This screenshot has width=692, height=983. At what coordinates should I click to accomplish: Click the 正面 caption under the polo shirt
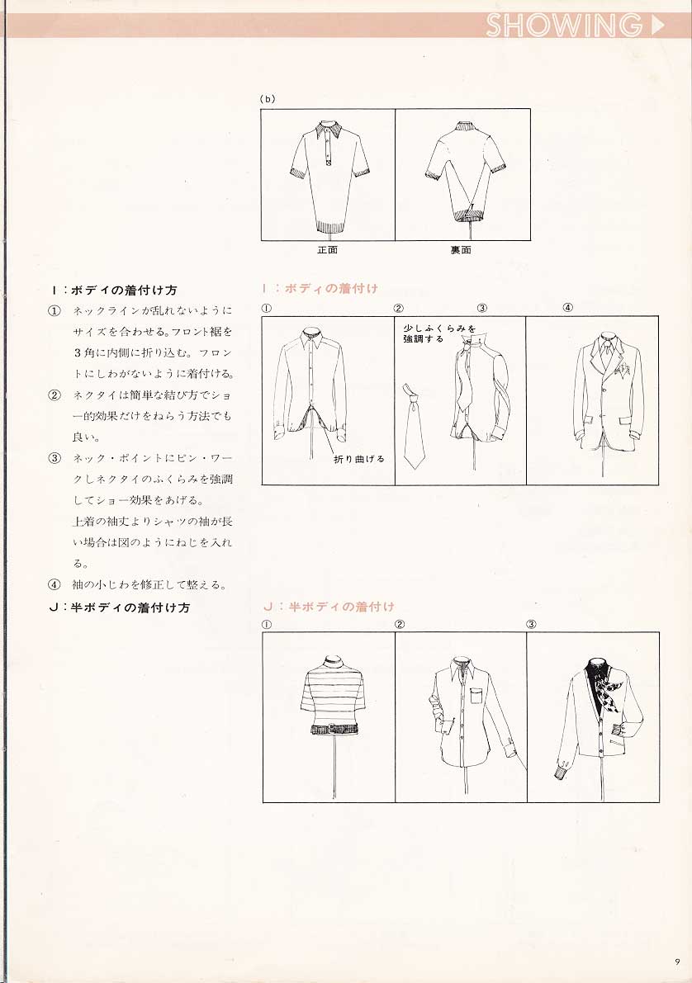point(328,250)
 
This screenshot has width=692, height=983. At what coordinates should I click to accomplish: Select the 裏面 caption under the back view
point(461,250)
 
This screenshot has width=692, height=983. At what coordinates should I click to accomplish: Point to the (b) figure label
point(268,98)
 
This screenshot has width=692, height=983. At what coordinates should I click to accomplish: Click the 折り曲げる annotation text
point(359,459)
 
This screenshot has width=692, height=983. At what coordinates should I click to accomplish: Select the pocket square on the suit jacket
point(623,371)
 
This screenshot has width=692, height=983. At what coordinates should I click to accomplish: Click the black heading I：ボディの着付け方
point(114,291)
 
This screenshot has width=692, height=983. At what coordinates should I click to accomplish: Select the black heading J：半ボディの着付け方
point(119,607)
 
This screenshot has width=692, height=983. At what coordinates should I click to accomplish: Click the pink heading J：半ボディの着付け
point(329,607)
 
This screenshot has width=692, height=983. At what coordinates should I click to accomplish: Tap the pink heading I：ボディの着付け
point(320,288)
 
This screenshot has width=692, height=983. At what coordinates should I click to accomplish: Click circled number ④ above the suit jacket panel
point(567,308)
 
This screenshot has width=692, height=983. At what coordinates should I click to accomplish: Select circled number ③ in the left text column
point(55,457)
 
